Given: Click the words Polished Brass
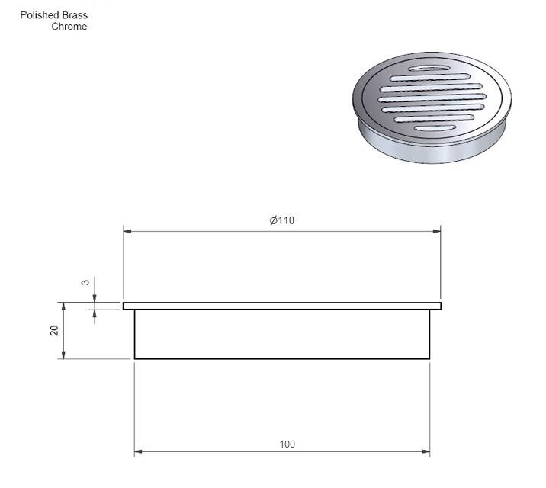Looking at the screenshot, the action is point(54,15).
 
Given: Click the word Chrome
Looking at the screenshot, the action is point(69,27).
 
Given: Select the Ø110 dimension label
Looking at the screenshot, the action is point(282,220).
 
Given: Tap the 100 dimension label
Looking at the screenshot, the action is point(287,444).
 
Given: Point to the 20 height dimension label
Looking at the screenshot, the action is point(54,330).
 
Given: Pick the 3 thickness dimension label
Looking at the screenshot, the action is point(85,282).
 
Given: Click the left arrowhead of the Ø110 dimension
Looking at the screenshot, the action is point(127,231).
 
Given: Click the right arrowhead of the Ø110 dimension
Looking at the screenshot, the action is point(436,231).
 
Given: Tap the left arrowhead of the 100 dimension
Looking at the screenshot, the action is point(139,451).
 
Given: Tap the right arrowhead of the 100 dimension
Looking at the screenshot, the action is point(426,451).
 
